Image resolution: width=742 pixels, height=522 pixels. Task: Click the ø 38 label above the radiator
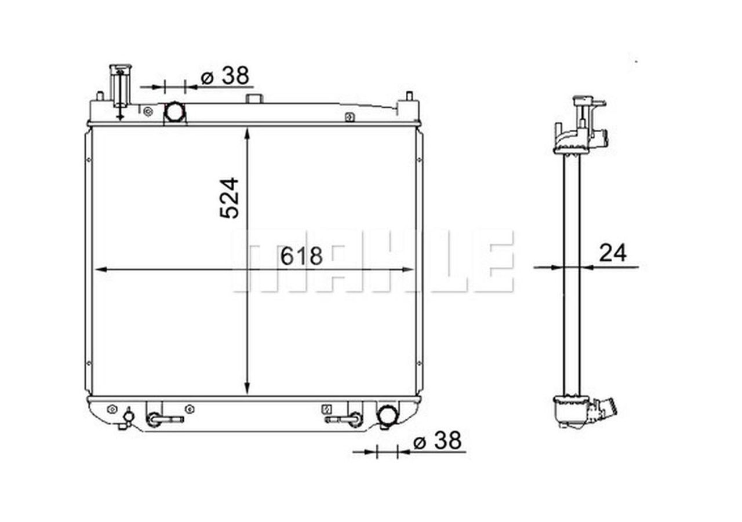pyautogui.click(x=224, y=76)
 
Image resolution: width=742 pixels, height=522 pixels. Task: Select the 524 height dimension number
pyautogui.click(x=229, y=198)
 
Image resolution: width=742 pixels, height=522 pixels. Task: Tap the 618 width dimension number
pyautogui.click(x=301, y=255)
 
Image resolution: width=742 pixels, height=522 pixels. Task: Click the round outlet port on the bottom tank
pyautogui.click(x=387, y=415)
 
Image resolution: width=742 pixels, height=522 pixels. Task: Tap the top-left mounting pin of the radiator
pyautogui.click(x=100, y=97)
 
